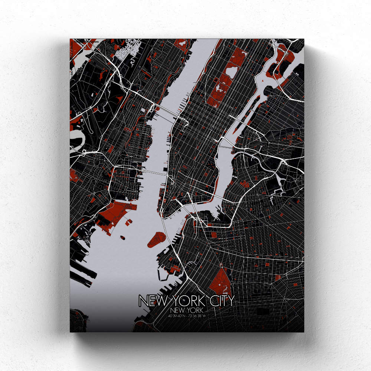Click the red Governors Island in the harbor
pos(156,239)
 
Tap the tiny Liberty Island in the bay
pos(121,236)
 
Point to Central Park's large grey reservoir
pos(231,70)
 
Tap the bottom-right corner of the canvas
pos(303,331)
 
